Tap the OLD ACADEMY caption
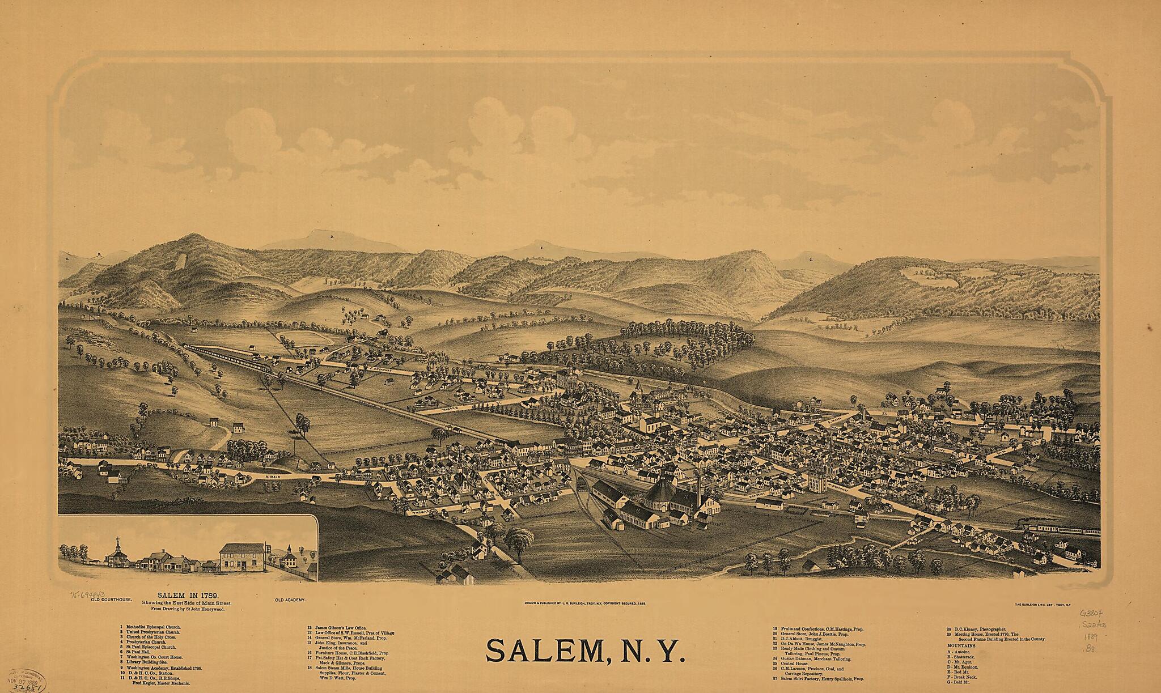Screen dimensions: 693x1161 coord(290,600)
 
